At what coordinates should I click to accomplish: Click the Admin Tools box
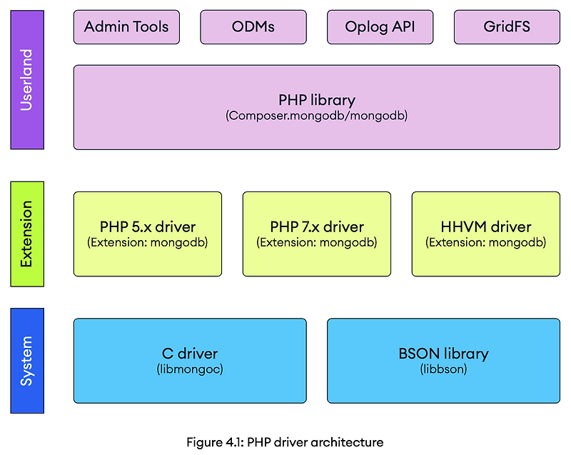(x=126, y=27)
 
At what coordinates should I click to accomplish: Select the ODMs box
(x=253, y=27)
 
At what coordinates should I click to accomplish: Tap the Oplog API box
(x=380, y=27)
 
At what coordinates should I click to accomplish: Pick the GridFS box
(x=507, y=27)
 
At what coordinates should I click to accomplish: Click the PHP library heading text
(x=317, y=100)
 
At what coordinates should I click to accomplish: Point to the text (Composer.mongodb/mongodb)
(x=317, y=115)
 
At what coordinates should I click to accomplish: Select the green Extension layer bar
(x=27, y=234)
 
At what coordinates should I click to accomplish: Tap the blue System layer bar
(x=27, y=361)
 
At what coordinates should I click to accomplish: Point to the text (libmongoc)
(x=190, y=369)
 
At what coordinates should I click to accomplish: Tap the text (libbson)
(x=443, y=369)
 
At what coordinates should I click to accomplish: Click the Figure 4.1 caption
(x=285, y=442)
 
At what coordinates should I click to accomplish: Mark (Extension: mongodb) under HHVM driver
(x=486, y=242)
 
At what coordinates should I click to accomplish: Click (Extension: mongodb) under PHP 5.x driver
(x=148, y=242)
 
